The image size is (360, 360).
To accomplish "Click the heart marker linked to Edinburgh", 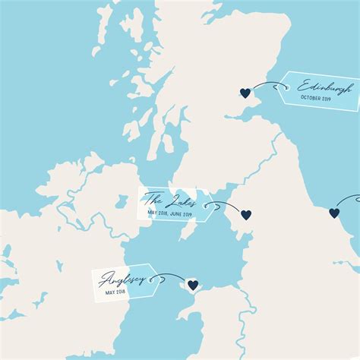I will (x=245, y=93).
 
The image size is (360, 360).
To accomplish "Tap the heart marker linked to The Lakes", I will (x=246, y=214).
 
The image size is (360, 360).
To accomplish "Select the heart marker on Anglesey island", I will (x=193, y=285).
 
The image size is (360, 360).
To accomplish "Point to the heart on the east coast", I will (x=334, y=213).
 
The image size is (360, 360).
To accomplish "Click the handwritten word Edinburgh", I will (x=324, y=87).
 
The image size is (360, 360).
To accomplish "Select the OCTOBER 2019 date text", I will (x=317, y=99).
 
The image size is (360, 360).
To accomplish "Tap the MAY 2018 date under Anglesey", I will (x=116, y=292).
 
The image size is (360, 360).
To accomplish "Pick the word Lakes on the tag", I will (x=181, y=201).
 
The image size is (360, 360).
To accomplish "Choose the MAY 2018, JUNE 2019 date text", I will (x=170, y=214).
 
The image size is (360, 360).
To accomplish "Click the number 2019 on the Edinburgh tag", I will (x=327, y=99).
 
